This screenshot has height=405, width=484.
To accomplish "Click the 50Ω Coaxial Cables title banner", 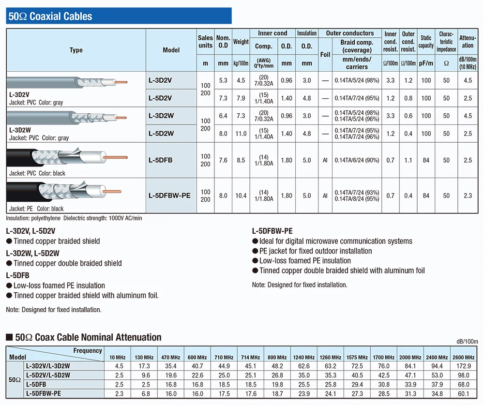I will coord(119,16).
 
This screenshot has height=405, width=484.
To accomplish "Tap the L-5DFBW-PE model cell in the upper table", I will coord(169,195).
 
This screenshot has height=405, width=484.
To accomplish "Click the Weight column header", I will coord(241,42).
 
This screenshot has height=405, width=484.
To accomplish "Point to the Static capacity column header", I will coord(426,42).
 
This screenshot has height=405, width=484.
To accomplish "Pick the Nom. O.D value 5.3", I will coord(223,80).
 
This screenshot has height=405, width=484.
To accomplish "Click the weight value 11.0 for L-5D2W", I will coord(241,134).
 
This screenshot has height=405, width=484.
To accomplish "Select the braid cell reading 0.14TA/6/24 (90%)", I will coord(357,160).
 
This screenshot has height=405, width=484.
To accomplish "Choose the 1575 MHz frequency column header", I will coord(357,357).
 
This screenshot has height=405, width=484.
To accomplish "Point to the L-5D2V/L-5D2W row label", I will coord(48,375).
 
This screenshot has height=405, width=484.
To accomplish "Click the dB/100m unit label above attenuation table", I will coord(467,342).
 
